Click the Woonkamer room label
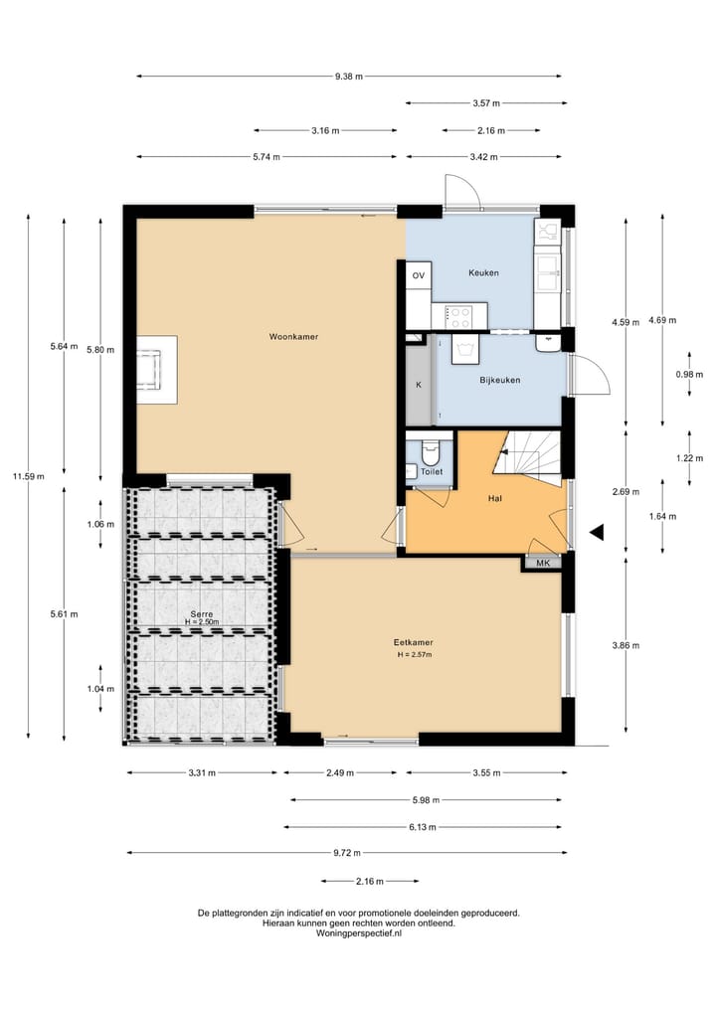tap(293, 337)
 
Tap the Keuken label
tap(483, 272)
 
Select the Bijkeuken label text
tap(500, 380)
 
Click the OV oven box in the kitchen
tap(419, 275)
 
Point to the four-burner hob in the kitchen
tap(460, 316)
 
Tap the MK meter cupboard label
tap(543, 563)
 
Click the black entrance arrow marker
tap(597, 532)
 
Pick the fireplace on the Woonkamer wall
tap(157, 370)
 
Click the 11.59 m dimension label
tap(29, 476)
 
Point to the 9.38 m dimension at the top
tap(348, 77)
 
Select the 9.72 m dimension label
tap(347, 852)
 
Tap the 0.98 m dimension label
tap(689, 374)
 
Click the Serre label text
tap(201, 613)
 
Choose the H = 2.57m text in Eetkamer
tap(414, 654)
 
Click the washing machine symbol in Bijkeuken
tap(463, 350)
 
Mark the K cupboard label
tap(419, 385)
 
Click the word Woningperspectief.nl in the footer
tap(359, 932)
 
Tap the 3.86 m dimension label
tap(626, 645)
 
